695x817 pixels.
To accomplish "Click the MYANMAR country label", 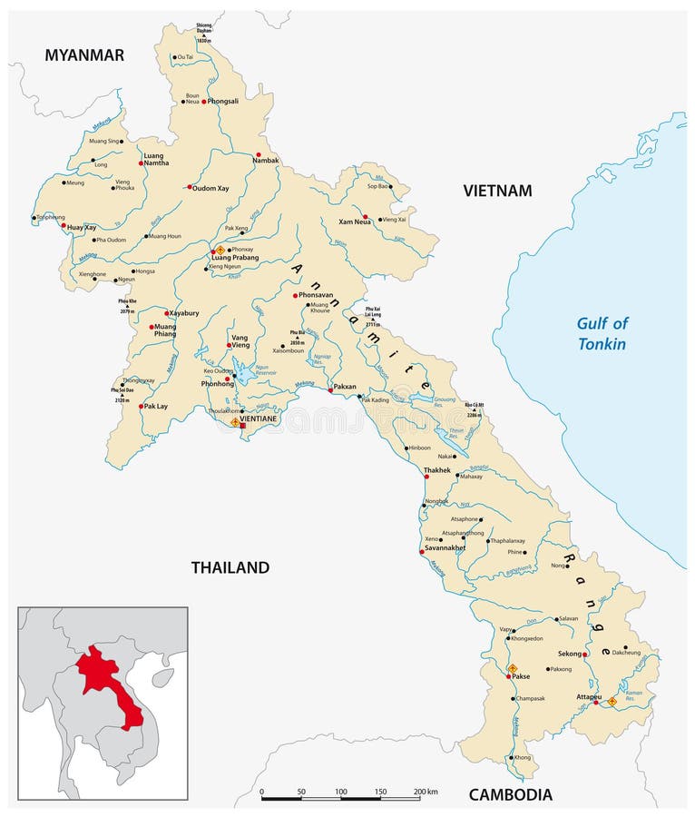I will [x=84, y=55].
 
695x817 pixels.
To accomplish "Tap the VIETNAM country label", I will [x=497, y=191].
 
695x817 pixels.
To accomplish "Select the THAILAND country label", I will [x=230, y=567].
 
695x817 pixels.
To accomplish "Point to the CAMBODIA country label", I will [x=510, y=794].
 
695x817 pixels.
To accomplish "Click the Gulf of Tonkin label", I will [x=602, y=333].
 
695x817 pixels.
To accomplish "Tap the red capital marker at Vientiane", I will [x=242, y=425].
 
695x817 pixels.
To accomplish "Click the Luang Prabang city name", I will [x=235, y=258].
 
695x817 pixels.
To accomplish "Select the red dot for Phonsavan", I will [x=295, y=295].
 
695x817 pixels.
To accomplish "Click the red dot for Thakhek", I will [x=426, y=476].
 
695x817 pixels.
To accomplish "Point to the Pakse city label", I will [x=521, y=676].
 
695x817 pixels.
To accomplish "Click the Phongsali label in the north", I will [x=223, y=102].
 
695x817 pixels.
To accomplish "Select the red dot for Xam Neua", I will [x=365, y=217].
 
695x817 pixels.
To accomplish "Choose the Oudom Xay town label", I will [x=212, y=187].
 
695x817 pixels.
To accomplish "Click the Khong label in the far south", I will [x=522, y=757].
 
